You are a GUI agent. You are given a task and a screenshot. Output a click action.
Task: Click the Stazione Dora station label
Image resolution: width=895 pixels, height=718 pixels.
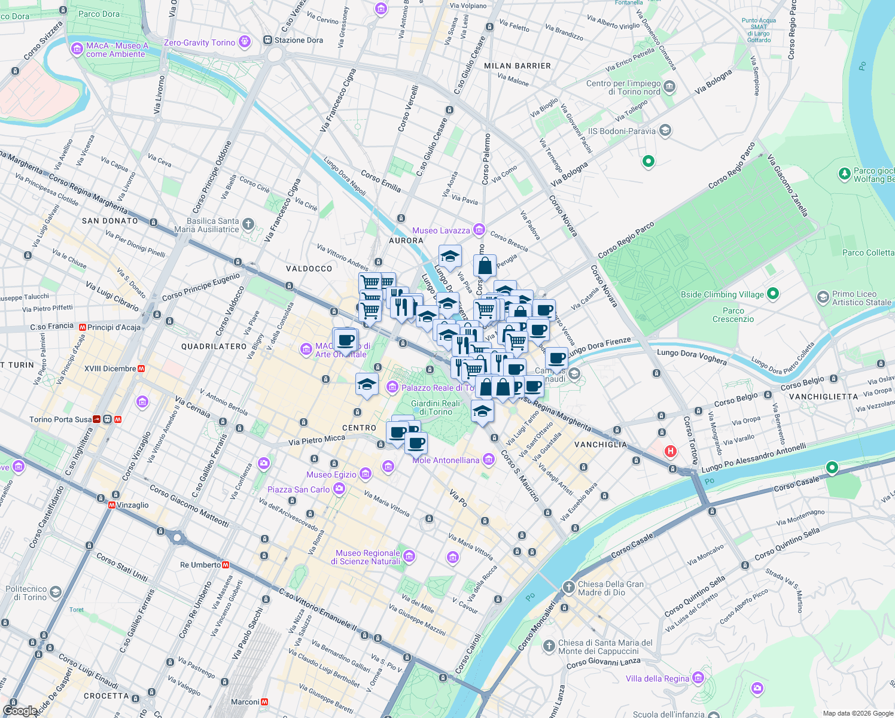pos(299,40)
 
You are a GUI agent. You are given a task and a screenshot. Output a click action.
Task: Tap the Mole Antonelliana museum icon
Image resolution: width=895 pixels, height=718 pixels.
pos(489,460)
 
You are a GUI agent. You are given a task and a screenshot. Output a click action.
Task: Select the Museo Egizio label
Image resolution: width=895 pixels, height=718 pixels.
pos(331,474)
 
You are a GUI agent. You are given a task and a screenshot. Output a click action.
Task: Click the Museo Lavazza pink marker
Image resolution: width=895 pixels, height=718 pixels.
pos(479,230)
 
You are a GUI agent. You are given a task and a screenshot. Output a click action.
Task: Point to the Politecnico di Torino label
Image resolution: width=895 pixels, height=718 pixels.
pos(26,593)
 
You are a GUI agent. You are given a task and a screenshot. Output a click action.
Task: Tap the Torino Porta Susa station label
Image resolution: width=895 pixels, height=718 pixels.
pos(60,419)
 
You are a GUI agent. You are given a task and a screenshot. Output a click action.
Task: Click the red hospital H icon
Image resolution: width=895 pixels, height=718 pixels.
pos(671,451)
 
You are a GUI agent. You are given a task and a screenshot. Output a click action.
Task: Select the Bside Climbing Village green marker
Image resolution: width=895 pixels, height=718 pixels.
pos(773,294)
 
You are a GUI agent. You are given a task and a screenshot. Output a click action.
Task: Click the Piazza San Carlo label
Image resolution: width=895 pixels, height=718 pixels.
pos(299,489)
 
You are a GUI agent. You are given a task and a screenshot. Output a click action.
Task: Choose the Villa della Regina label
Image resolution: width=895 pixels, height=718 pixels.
pos(657,679)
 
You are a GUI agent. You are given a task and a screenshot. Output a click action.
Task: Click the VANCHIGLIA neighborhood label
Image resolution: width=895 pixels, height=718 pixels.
pos(601,445)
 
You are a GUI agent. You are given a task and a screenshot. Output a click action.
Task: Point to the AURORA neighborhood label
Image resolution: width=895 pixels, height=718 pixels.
pos(406,241)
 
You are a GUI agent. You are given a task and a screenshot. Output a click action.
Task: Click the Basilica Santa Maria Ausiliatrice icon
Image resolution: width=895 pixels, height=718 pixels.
pos(248,224)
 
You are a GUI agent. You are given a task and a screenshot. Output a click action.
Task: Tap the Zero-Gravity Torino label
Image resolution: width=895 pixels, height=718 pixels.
pos(199,42)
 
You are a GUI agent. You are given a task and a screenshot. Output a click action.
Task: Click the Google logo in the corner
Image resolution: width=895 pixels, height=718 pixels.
pos(20,710)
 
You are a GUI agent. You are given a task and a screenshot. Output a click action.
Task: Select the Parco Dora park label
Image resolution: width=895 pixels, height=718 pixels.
pos(99,14)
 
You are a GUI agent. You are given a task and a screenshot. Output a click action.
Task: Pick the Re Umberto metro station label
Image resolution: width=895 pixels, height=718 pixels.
pos(200,565)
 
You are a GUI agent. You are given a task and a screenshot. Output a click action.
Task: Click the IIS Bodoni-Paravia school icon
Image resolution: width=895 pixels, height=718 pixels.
pos(665,130)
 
